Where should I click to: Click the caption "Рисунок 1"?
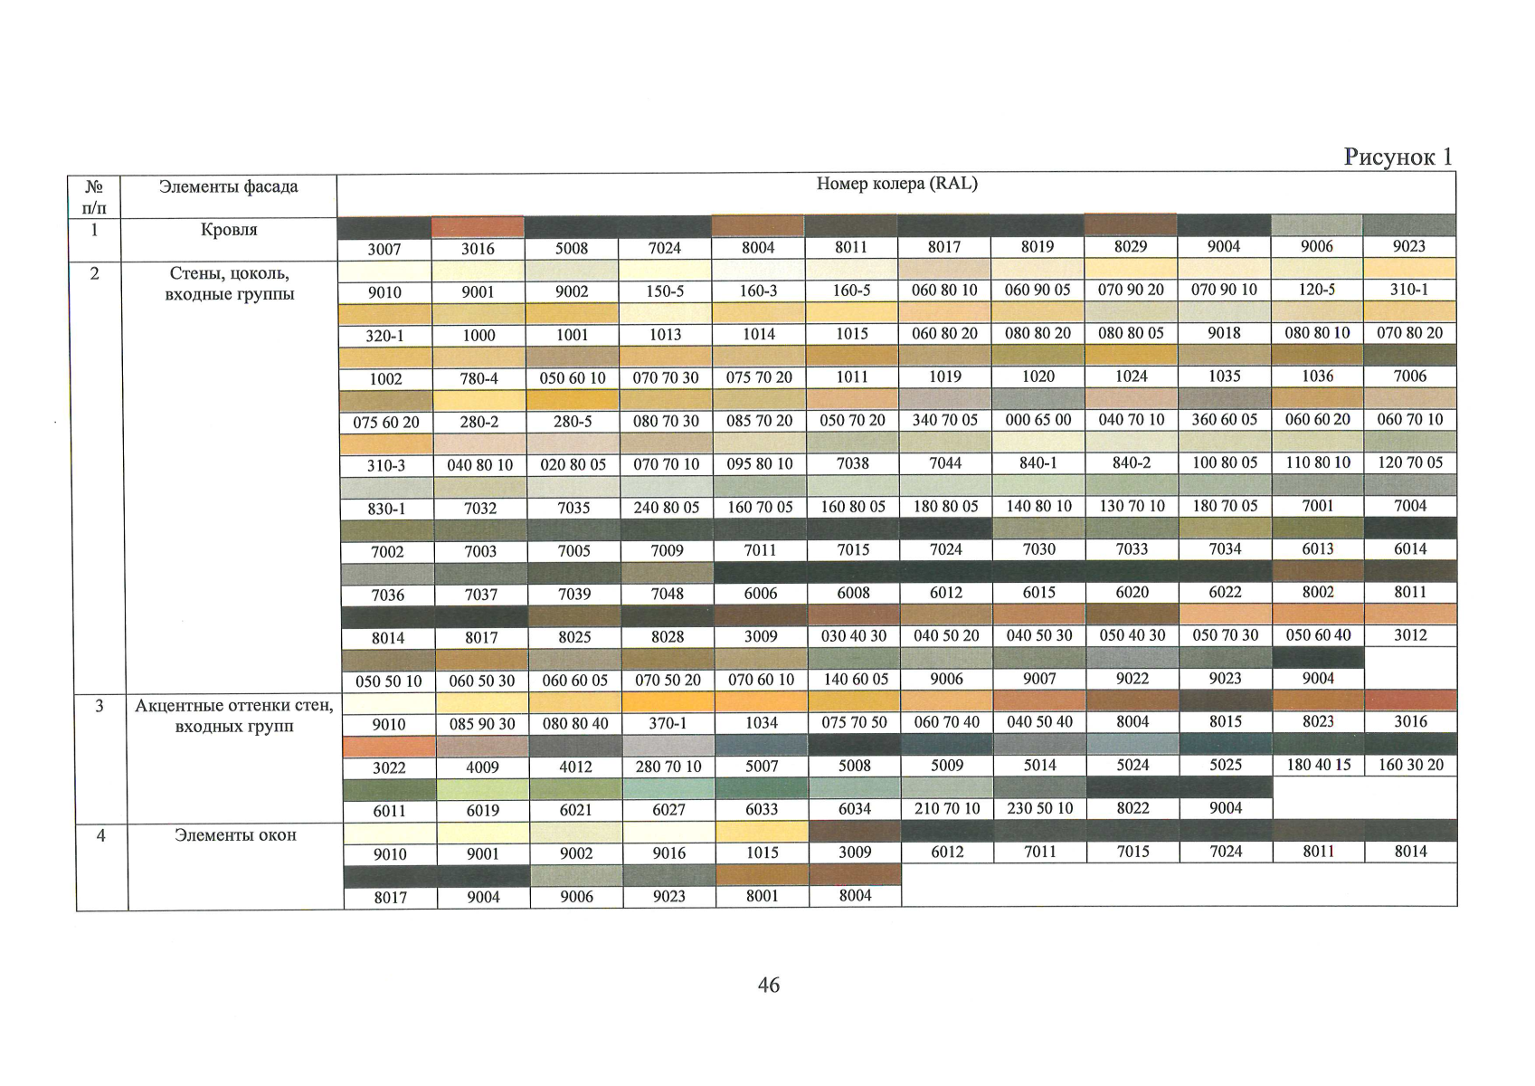coord(1398,157)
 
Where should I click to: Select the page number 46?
coord(768,985)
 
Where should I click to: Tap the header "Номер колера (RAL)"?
coord(896,184)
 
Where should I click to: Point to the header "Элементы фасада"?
coord(228,186)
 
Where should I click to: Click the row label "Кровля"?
coord(229,230)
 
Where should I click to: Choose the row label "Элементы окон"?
coord(235,834)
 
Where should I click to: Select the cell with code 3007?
coord(384,249)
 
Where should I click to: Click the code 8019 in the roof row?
coord(1037,247)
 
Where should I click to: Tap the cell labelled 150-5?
coord(665,291)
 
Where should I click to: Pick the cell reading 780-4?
coord(479,378)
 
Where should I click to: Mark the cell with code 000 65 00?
coord(1038,420)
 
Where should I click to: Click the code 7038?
coord(852,463)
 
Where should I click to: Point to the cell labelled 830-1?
coord(385,509)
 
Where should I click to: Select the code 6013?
coord(1317,549)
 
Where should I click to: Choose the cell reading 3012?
coord(1410,635)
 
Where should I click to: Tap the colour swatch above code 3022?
coord(390,747)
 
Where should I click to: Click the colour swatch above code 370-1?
coord(668,702)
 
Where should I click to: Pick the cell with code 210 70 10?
coord(947,808)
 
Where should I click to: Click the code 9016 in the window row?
coord(668,853)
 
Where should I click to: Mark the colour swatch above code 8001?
coord(762,874)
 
